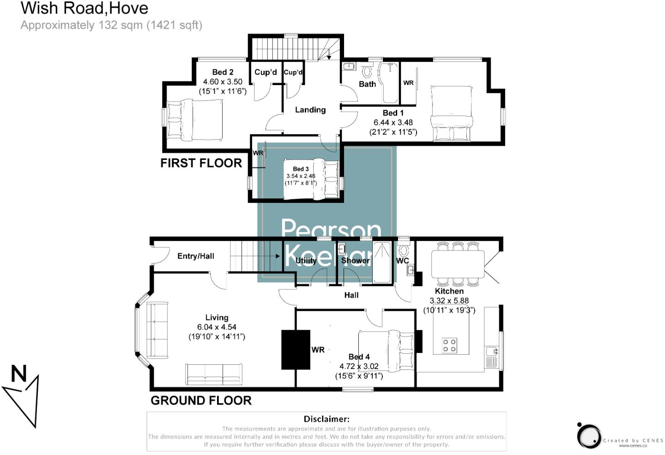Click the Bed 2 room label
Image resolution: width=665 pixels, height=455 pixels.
tap(223, 72)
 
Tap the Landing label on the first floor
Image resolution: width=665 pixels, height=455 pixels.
tap(310, 110)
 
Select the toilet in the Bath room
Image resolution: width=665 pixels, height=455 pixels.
tap(367, 72)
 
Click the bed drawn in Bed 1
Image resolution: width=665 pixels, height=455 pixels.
tap(452, 113)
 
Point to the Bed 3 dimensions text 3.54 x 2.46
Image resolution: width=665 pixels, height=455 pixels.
tap(301, 176)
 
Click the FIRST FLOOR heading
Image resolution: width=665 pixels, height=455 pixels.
tap(201, 163)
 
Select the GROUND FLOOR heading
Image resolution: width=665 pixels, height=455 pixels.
tap(201, 400)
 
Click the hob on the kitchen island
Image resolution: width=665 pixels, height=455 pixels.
tap(449, 345)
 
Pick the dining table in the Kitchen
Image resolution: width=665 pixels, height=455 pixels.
tap(457, 264)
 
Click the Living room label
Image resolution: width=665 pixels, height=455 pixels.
tap(217, 318)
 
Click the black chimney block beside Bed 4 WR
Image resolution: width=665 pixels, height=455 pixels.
tap(296, 349)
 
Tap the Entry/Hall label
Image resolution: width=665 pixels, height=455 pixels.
tap(196, 256)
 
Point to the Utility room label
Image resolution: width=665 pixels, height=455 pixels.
tap(306, 261)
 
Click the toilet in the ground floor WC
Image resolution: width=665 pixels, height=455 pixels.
tap(403, 251)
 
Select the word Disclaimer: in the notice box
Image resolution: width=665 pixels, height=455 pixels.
tap(326, 419)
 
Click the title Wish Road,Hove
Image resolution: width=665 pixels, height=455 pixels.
tap(85, 8)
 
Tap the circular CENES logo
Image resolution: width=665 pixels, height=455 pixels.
tap(589, 436)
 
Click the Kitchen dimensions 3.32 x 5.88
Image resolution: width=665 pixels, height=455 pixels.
tap(449, 301)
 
